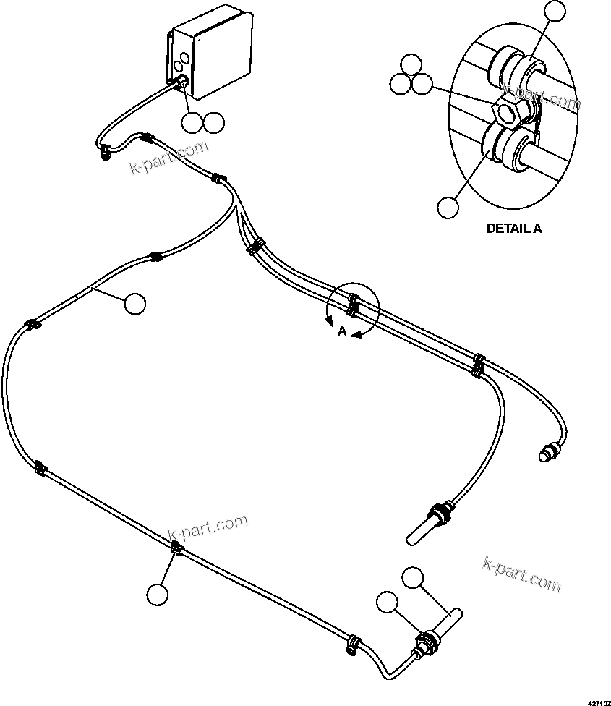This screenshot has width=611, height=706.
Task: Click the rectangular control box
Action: click(x=210, y=61)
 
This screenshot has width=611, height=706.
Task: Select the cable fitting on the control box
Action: click(x=181, y=84)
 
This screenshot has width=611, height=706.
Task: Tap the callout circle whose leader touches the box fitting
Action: click(x=192, y=122)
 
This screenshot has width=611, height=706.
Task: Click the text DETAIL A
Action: click(x=513, y=228)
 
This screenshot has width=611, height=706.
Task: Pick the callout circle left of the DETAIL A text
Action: click(x=448, y=206)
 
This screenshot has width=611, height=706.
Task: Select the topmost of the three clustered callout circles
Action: click(x=411, y=64)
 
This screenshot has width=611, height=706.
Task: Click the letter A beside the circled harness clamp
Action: click(x=341, y=331)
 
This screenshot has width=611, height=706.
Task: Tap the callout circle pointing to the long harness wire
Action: click(x=134, y=304)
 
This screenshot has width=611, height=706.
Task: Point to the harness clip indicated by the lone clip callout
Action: click(x=175, y=550)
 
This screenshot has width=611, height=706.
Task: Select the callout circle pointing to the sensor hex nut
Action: click(x=388, y=602)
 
